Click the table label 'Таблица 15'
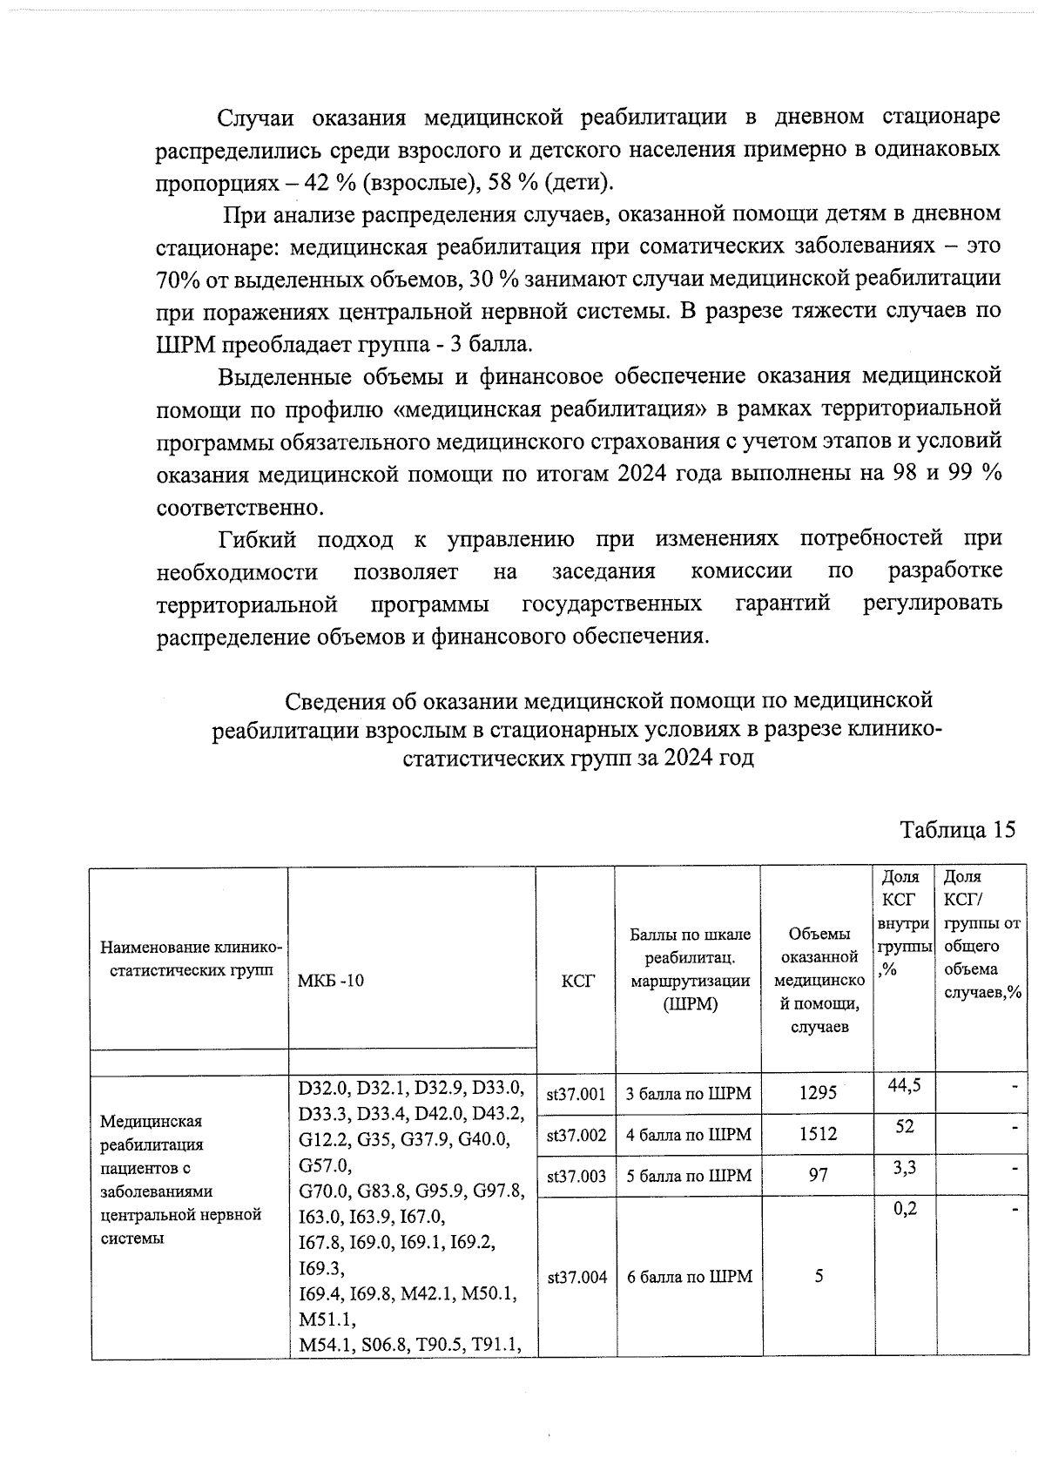tap(957, 829)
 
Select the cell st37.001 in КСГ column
tap(576, 1094)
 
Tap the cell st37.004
tap(576, 1278)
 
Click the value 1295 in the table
tap(819, 1093)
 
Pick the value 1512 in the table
tap(819, 1134)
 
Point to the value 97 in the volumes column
tap(819, 1175)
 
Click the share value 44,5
tap(905, 1085)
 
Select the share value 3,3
tap(905, 1167)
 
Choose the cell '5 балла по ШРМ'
tap(688, 1176)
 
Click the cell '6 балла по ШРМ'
tap(688, 1278)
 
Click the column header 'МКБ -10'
tap(331, 981)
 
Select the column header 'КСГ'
tap(576, 981)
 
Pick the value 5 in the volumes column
tap(819, 1277)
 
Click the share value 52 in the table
tap(905, 1126)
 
